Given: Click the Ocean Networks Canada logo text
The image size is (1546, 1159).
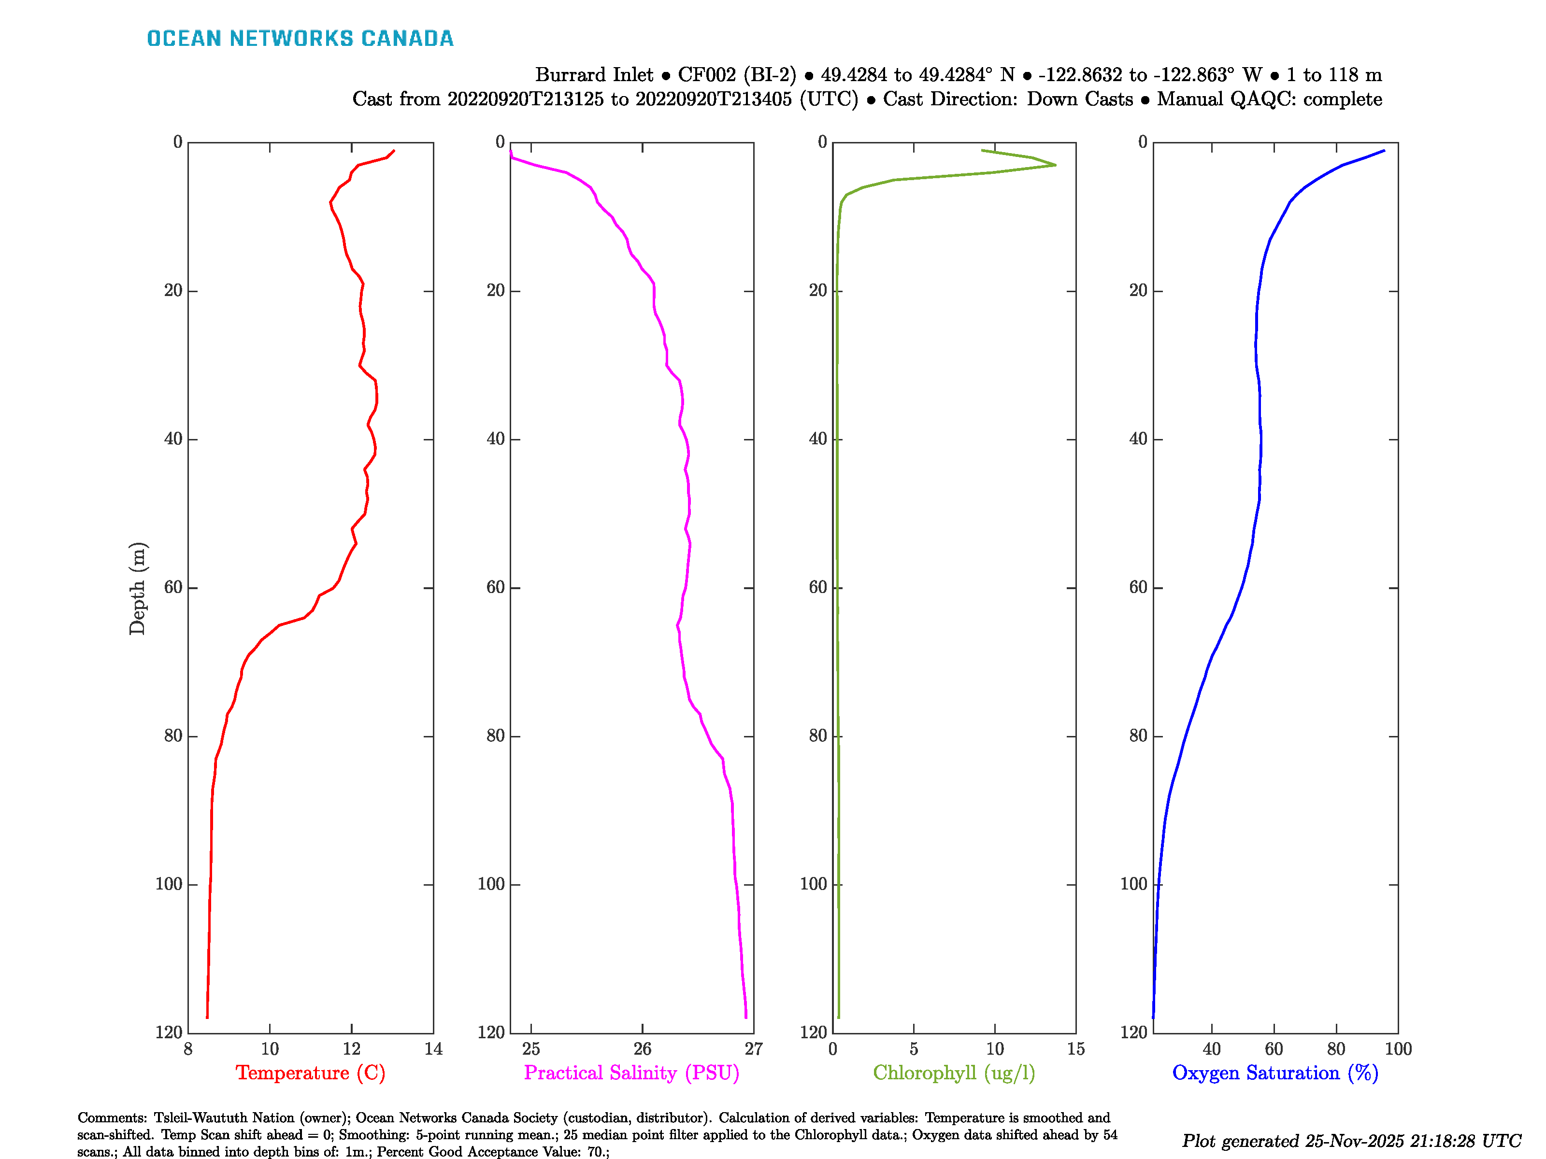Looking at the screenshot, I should (x=300, y=39).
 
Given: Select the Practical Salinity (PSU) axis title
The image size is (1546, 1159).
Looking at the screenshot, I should (x=631, y=1073).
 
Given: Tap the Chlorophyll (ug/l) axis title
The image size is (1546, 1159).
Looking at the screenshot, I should (x=954, y=1073).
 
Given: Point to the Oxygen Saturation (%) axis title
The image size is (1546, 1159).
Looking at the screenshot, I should (x=1275, y=1073).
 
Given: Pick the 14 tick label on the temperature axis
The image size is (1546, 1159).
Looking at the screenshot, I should (x=433, y=1048).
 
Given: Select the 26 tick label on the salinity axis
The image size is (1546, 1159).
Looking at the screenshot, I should (x=642, y=1048).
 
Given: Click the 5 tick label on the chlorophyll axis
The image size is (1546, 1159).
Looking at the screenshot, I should (x=914, y=1048).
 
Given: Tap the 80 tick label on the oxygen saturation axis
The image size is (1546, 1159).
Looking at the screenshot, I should (x=1336, y=1048).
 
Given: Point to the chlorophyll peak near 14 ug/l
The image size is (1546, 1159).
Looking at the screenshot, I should (x=1055, y=165).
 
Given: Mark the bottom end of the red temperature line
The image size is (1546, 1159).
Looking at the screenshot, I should (x=207, y=1017).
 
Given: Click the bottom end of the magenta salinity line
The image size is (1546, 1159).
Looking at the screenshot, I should (x=746, y=1017).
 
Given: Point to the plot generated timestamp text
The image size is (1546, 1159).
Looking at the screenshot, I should (x=1351, y=1141).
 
